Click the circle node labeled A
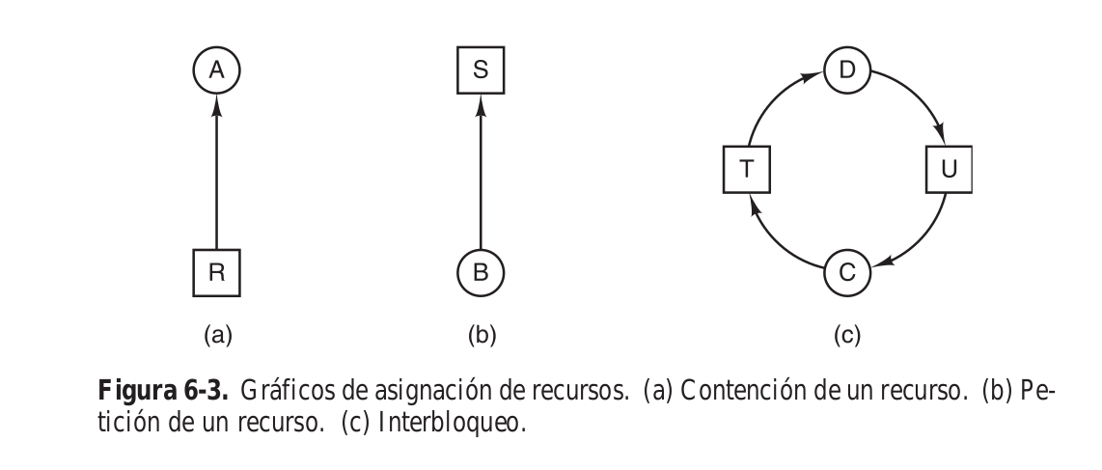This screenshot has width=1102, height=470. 216,70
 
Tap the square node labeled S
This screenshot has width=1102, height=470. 481,70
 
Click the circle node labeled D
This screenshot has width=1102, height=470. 847,70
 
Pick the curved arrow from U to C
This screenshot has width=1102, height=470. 922,236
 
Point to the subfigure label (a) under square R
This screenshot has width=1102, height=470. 216,335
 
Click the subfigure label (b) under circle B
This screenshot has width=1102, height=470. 481,335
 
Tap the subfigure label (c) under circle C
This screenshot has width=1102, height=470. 847,335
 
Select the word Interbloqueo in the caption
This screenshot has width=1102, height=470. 468,422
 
